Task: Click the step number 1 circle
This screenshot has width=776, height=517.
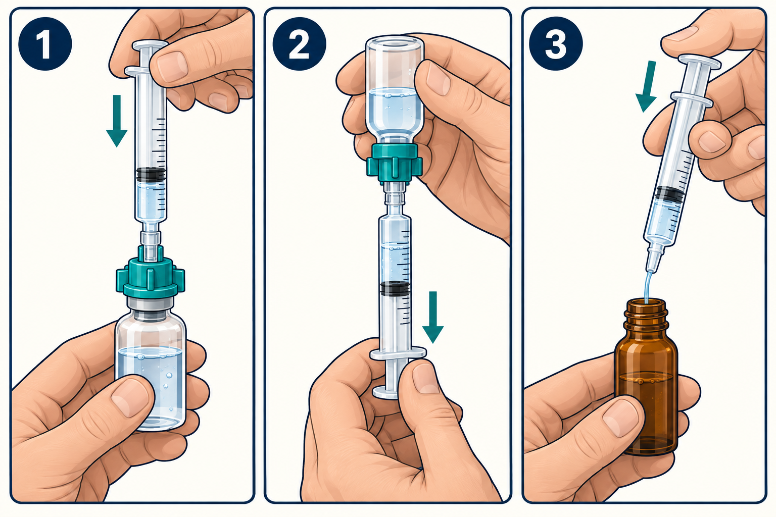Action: coord(45,43)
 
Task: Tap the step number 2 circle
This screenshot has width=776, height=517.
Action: coord(299,43)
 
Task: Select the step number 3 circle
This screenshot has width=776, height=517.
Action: coord(556,43)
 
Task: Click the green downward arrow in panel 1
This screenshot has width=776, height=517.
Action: coord(117,121)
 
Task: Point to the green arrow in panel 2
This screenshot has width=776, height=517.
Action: coord(432,317)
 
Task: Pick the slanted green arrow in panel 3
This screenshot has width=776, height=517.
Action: coord(647,86)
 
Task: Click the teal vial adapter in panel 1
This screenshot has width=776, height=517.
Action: coord(150,272)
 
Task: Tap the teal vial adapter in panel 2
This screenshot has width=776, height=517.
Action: coord(394,163)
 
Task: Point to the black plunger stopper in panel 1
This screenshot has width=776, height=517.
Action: coord(151,175)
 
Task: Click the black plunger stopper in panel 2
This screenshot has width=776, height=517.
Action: coord(395,288)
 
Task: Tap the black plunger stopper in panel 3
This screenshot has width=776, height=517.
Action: coord(669,194)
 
